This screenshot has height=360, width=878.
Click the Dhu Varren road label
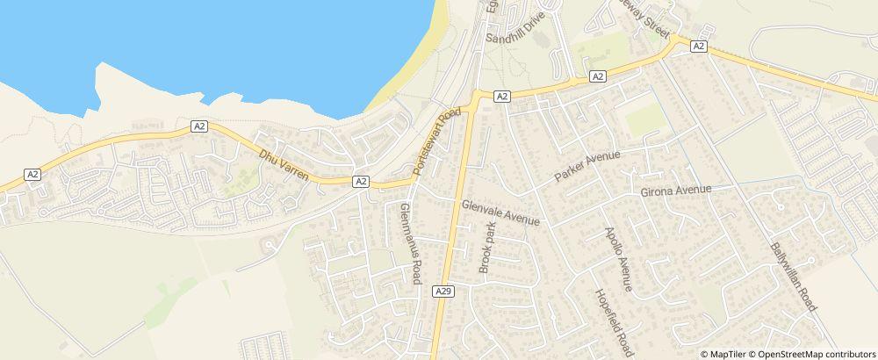coord(284,166)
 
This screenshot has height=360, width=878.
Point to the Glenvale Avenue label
coord(500,212)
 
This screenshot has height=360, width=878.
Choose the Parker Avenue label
coord(587,167)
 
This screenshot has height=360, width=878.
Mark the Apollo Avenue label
coord(618,259)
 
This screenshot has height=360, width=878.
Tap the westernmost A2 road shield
coord(32,175)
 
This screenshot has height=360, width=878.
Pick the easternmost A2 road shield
coord(699,46)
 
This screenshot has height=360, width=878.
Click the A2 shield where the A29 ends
coord(501,97)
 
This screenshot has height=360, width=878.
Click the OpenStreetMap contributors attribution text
coord(817,354)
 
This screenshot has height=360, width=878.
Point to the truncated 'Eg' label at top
coord(492,10)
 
